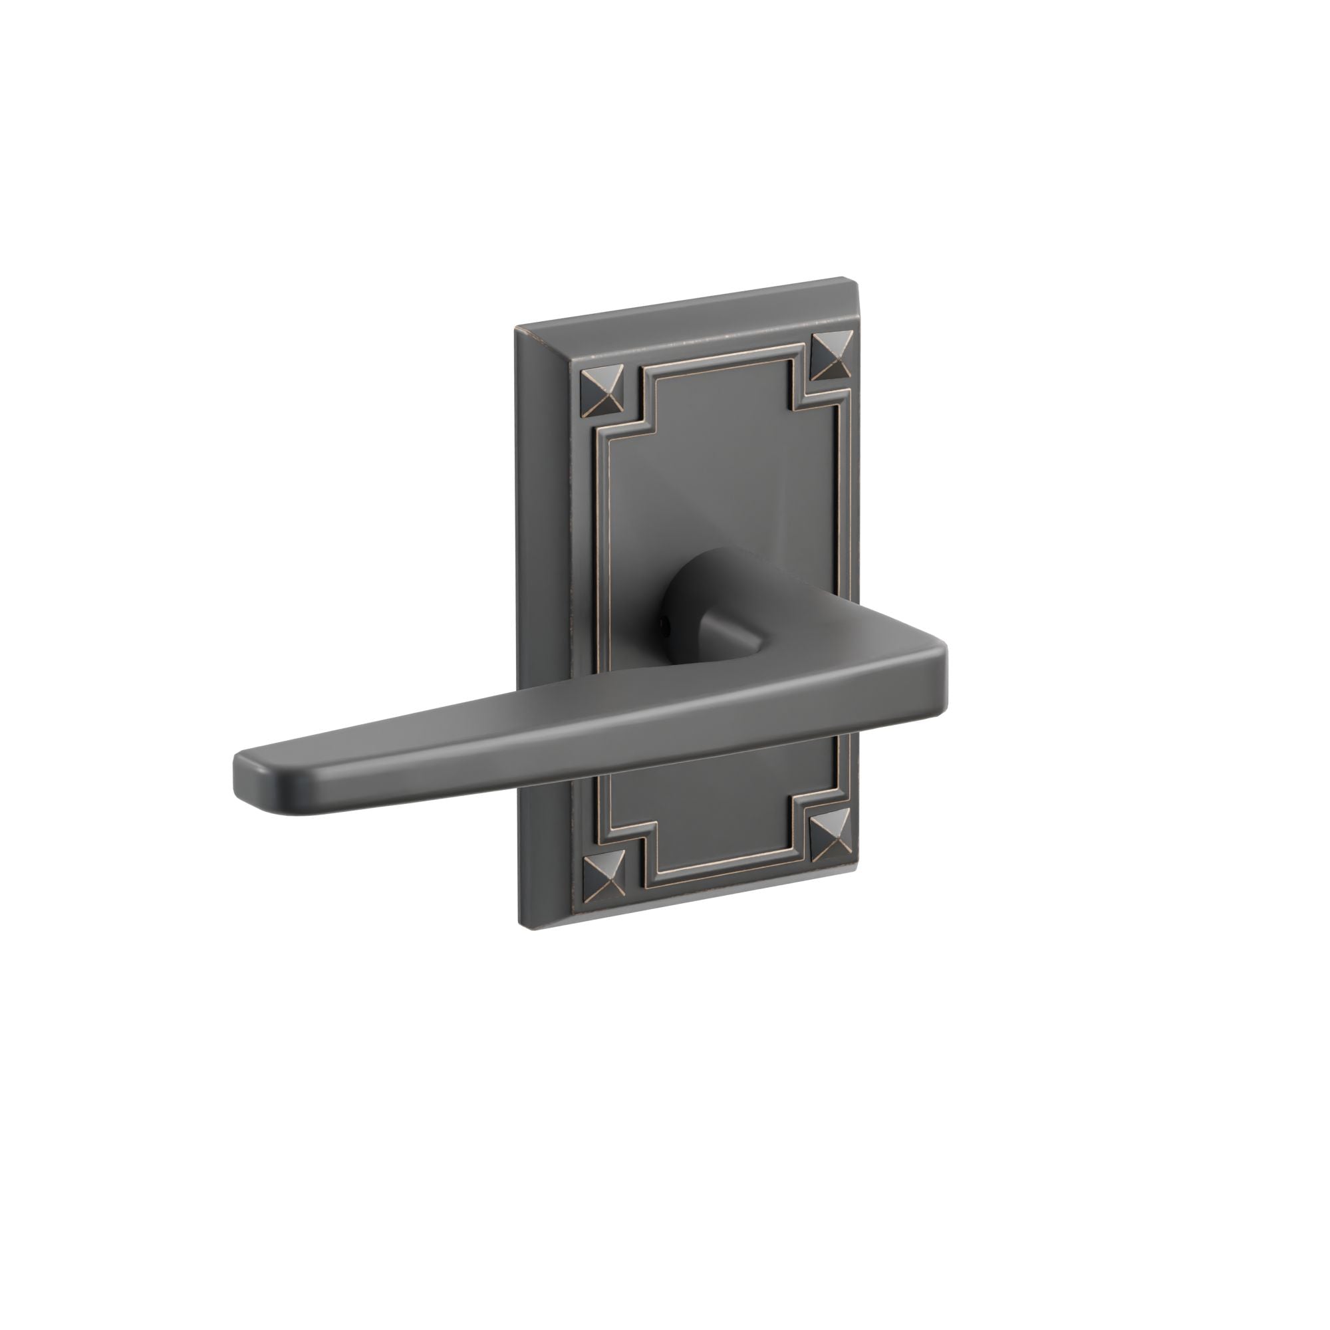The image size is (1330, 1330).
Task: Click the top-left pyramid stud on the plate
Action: (602, 392)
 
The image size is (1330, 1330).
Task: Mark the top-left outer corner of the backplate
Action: (516, 327)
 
